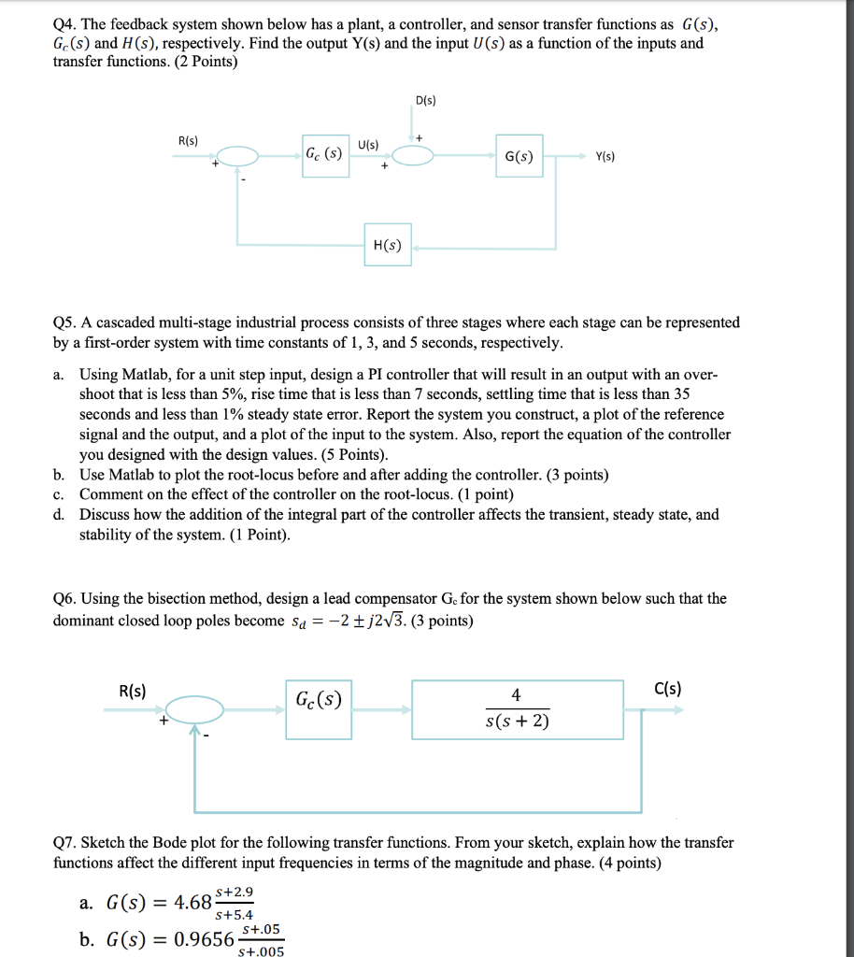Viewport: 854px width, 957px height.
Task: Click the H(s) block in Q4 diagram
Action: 387,245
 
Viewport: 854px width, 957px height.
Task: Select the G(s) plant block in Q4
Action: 519,157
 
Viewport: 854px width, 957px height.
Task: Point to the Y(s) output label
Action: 605,157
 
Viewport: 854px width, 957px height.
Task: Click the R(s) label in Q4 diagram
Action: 187,140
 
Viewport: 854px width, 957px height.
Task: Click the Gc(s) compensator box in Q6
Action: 319,710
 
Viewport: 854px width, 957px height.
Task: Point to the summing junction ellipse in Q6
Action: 195,710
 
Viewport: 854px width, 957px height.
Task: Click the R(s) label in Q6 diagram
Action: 133,691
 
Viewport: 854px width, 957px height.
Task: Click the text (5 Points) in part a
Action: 352,455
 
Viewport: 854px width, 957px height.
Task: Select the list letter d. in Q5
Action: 60,515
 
